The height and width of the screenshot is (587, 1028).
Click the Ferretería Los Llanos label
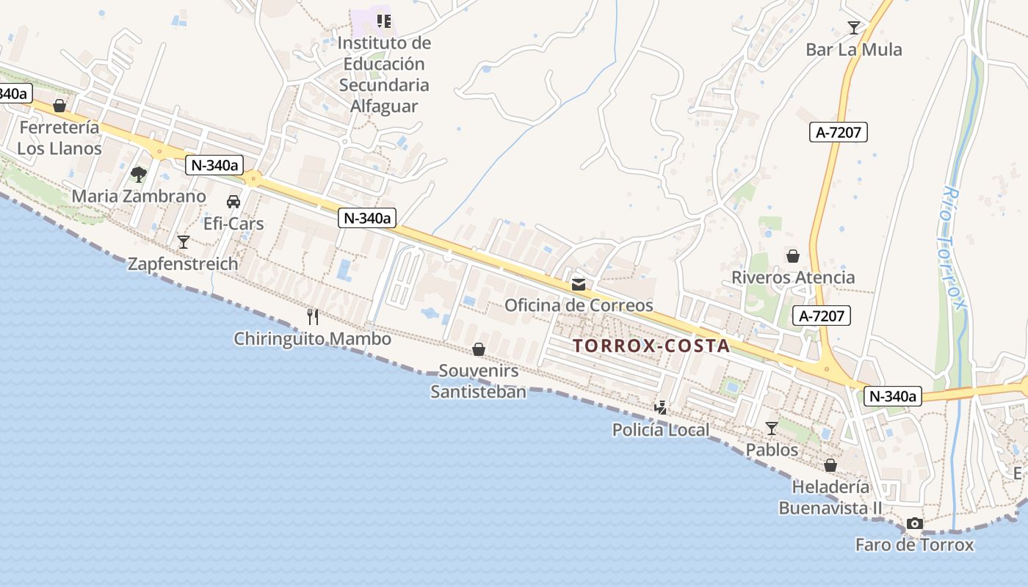pyautogui.click(x=59, y=138)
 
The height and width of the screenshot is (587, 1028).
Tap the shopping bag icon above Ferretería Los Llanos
pyautogui.click(x=59, y=106)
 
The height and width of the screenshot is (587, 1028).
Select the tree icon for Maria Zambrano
pyautogui.click(x=138, y=175)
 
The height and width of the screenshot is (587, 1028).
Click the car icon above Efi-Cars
pyautogui.click(x=234, y=202)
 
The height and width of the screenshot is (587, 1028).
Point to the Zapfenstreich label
pyautogui.click(x=183, y=264)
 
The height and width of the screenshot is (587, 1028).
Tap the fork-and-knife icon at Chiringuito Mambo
pyautogui.click(x=313, y=317)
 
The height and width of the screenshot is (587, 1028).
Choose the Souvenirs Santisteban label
pyautogui.click(x=479, y=382)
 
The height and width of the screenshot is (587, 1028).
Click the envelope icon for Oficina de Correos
pyautogui.click(x=579, y=284)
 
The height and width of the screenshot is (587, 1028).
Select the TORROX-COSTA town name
pyautogui.click(x=651, y=346)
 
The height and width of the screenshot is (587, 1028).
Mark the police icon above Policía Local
pyautogui.click(x=661, y=408)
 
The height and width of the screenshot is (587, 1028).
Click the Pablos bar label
pyautogui.click(x=772, y=449)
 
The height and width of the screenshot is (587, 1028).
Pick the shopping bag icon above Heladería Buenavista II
pyautogui.click(x=830, y=466)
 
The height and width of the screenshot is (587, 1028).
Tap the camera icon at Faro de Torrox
pyautogui.click(x=914, y=524)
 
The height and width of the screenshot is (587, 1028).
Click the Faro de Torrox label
pyautogui.click(x=914, y=545)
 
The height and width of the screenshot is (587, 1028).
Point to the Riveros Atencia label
pyautogui.click(x=793, y=277)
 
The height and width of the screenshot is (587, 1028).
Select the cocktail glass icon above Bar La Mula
pyautogui.click(x=853, y=28)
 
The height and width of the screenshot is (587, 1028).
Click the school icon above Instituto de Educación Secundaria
pyautogui.click(x=383, y=21)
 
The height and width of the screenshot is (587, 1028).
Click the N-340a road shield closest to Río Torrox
pyautogui.click(x=893, y=396)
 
